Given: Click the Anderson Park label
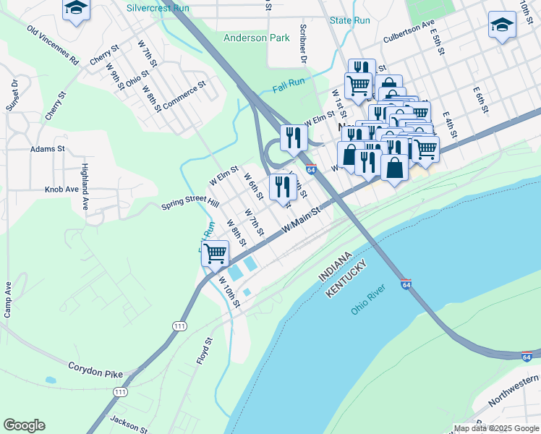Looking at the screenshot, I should coord(255,38).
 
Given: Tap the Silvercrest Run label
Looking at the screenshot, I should coord(158,9).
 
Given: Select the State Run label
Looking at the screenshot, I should coord(349,20).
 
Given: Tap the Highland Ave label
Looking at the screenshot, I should coord(85,186).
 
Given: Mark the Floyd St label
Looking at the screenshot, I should coord(205,350).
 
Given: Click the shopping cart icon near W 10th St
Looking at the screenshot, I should coord(215,253).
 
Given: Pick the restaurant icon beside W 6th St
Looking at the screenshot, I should coord(282,187).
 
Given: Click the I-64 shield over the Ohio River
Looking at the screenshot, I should coord(406,284).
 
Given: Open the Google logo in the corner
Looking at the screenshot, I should coord(24,425).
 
